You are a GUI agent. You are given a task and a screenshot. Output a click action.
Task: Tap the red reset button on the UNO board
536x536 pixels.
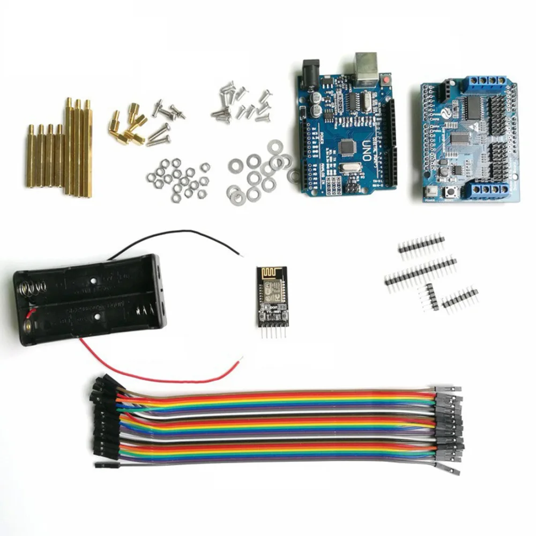coord(385,80)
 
